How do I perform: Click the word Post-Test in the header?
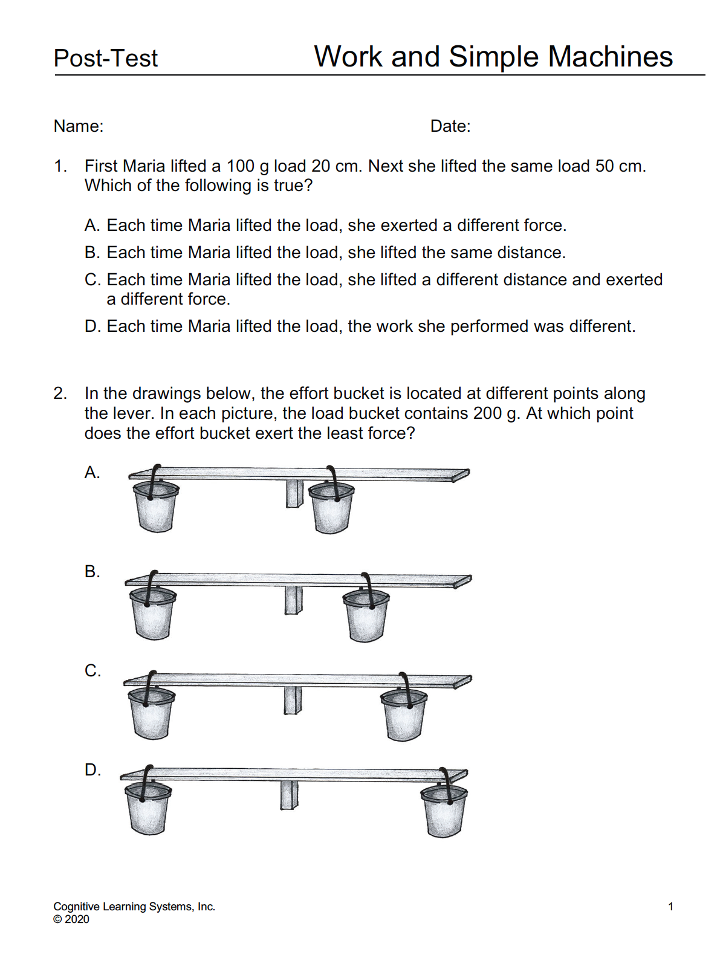[x=105, y=59]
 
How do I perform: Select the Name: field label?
[x=79, y=126]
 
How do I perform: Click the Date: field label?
[x=450, y=126]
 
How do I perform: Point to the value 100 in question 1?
[x=240, y=166]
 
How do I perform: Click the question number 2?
[x=60, y=393]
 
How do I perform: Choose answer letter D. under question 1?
[x=92, y=326]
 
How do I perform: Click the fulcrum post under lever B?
[x=293, y=600]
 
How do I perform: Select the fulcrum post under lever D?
[x=289, y=795]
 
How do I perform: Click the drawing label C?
[x=92, y=671]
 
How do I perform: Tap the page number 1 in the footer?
[x=670, y=907]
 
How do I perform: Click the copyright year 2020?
[x=77, y=919]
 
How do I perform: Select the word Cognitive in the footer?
[x=76, y=907]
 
